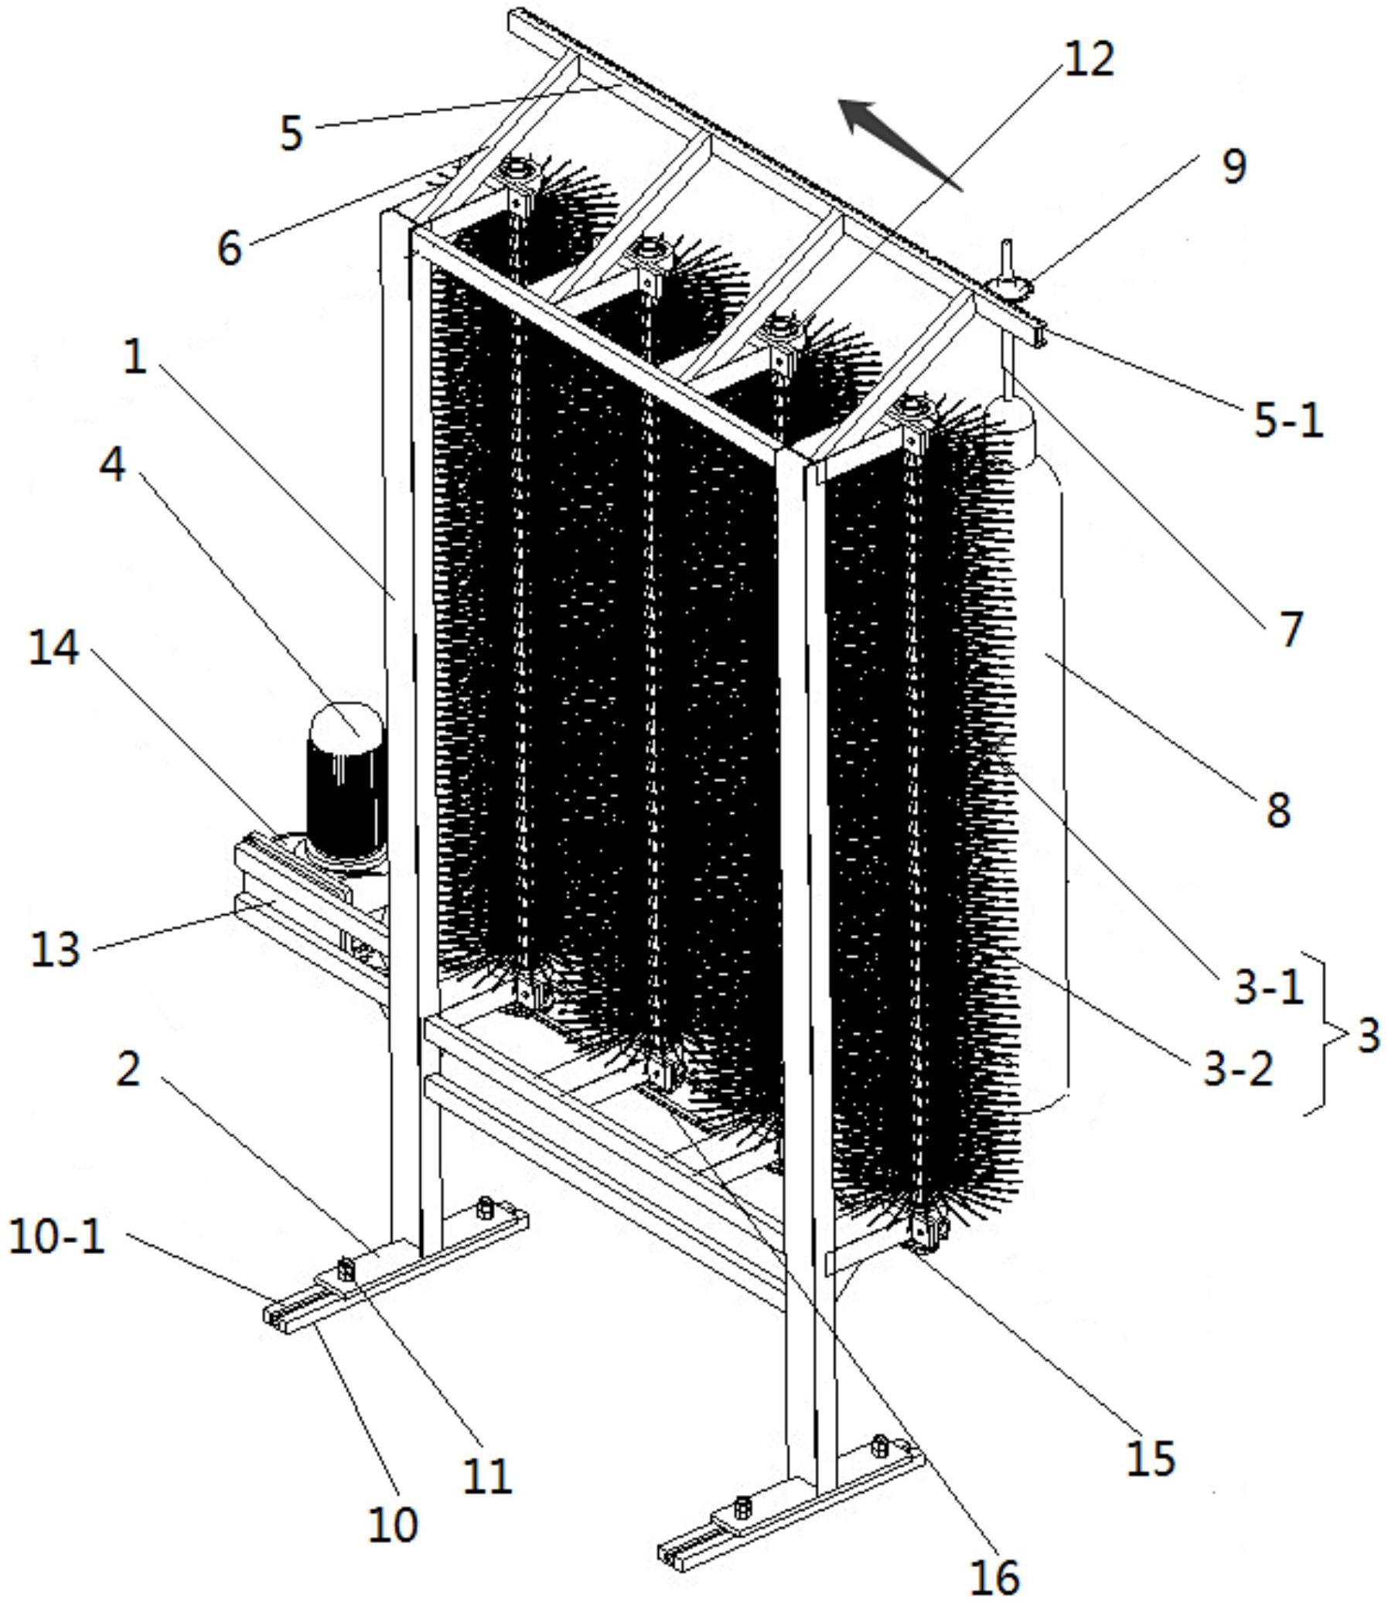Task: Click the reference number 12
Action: pos(1089,59)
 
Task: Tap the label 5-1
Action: pos(1288,421)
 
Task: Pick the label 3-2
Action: pos(1239,1069)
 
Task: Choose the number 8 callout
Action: pos(1278,810)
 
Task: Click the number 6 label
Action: pos(229,248)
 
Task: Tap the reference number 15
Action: pos(1150,1458)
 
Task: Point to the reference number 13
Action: pos(55,948)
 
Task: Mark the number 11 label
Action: pos(488,1476)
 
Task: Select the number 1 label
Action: pos(135,358)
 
